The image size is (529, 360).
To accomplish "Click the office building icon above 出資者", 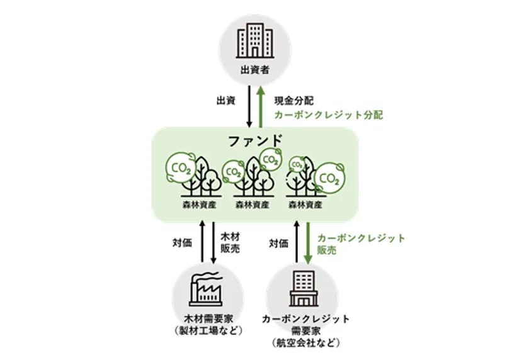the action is (x=255, y=40).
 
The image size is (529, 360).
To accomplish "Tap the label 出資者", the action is (x=255, y=70).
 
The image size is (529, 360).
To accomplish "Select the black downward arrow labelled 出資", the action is (x=249, y=106).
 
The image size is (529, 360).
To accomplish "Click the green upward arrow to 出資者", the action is (x=261, y=106).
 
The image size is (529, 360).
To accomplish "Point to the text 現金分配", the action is (x=294, y=101).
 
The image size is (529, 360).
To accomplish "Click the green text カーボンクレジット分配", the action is (x=329, y=115).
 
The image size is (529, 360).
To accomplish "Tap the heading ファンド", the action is (x=255, y=140).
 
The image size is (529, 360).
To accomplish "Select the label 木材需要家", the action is (x=208, y=318).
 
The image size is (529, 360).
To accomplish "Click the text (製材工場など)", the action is (x=208, y=330).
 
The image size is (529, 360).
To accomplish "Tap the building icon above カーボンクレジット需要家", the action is (x=304, y=289).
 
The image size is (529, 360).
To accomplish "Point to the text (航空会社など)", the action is (x=305, y=343).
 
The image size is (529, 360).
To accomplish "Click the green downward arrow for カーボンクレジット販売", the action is (x=308, y=242).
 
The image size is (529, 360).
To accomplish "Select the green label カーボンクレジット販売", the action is (x=361, y=244).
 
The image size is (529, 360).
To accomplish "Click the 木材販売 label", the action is (x=230, y=242).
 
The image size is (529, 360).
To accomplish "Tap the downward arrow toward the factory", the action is (x=213, y=242).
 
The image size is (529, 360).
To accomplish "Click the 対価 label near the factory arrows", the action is (x=182, y=242).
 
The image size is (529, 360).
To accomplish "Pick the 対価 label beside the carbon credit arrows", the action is (x=278, y=243).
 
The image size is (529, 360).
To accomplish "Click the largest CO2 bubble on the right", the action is (x=329, y=178).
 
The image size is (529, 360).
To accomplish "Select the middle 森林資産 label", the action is (x=253, y=205).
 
